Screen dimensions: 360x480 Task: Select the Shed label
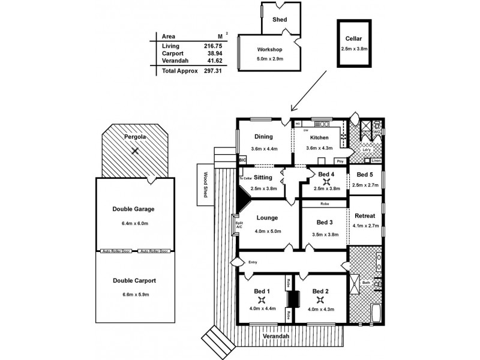click(x=280, y=20)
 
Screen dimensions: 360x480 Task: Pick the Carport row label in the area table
click(x=172, y=53)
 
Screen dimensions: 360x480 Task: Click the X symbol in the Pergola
click(x=136, y=151)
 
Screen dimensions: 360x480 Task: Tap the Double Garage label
click(x=133, y=209)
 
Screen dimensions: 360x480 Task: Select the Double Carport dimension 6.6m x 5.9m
click(x=133, y=294)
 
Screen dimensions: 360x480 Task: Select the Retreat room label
click(x=365, y=216)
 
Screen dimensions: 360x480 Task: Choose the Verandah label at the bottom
click(x=276, y=337)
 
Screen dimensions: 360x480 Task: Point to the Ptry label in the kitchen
click(x=340, y=161)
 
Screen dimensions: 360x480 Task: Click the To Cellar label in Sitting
click(x=246, y=178)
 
